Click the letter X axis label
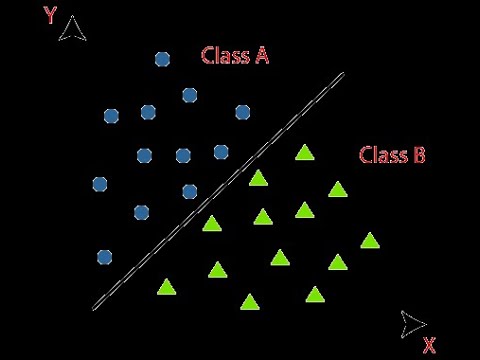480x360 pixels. [x=429, y=346]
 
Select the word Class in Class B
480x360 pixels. [x=381, y=155]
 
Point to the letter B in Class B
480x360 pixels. [x=419, y=155]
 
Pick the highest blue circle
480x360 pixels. [x=163, y=59]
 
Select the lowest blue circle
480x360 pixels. [x=105, y=257]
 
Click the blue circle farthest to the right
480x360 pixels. [x=242, y=112]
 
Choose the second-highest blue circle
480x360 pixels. [x=189, y=95]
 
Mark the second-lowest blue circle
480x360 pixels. [x=141, y=212]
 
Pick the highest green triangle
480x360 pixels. [x=304, y=153]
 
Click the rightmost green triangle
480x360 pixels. [x=370, y=240]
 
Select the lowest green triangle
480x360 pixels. [x=250, y=301]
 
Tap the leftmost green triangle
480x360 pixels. [x=166, y=287]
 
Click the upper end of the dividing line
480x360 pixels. [x=343, y=73]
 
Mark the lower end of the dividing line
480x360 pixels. [x=93, y=308]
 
